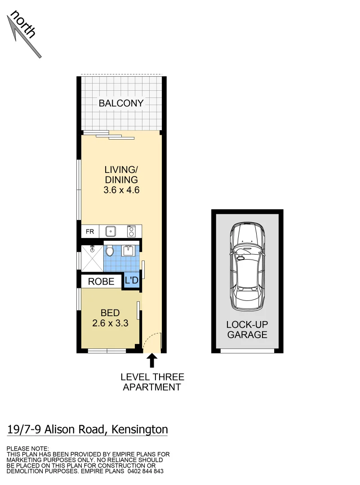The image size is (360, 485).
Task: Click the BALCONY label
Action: click(121, 103)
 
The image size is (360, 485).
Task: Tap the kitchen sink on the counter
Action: click(111, 232)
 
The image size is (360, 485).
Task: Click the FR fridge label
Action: click(90, 232)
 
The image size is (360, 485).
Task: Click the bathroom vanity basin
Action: click(128, 250)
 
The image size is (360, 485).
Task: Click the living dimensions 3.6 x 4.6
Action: click(121, 190)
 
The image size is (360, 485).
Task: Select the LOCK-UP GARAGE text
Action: click(247, 329)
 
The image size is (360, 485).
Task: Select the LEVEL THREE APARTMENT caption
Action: click(152, 382)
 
